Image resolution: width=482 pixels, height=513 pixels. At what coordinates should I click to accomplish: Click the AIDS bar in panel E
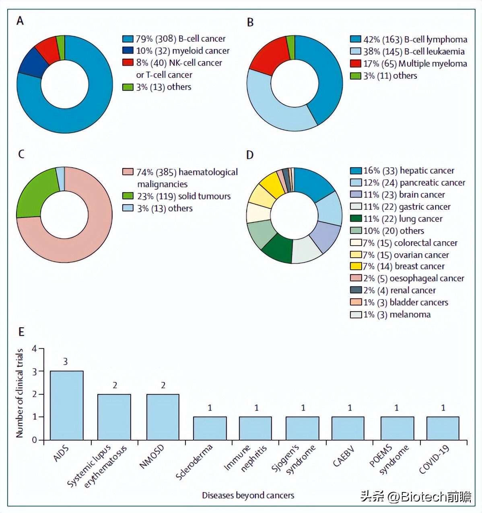(x=66, y=405)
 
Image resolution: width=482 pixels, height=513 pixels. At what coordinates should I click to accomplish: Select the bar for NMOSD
(x=163, y=417)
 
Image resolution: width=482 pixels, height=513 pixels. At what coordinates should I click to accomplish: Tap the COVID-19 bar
(x=443, y=428)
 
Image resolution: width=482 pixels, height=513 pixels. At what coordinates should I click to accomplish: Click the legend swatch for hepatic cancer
(x=356, y=171)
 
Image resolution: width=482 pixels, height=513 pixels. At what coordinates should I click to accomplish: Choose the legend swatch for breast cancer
(x=356, y=266)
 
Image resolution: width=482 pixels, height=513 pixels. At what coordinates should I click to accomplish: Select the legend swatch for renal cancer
(x=356, y=290)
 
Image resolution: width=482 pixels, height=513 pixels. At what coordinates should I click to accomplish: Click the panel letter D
(x=250, y=155)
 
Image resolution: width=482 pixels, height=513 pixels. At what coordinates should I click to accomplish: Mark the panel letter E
(x=21, y=332)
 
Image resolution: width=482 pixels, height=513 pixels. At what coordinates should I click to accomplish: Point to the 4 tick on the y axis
(x=34, y=349)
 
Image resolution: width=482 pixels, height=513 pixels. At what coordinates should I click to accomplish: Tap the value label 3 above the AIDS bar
(x=66, y=362)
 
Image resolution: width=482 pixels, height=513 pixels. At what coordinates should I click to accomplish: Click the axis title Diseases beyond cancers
(x=248, y=495)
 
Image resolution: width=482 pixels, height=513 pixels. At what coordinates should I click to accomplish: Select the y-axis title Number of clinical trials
(x=19, y=393)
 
